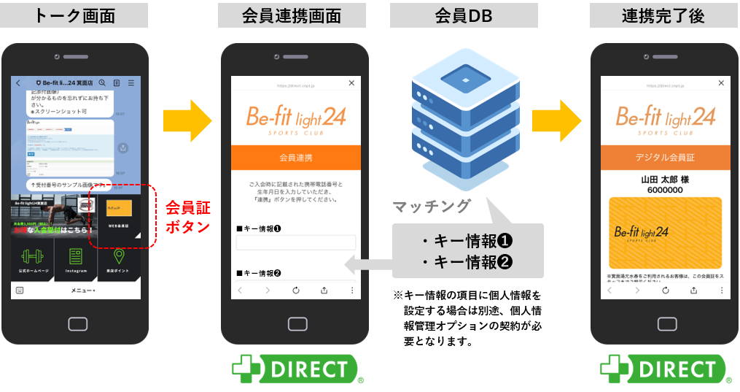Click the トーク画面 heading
(x=75, y=15)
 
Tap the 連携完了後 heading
(x=663, y=15)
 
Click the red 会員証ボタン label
(x=188, y=216)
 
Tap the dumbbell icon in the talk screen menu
(x=32, y=257)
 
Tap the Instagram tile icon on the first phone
(x=75, y=257)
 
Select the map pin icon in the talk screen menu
(x=118, y=257)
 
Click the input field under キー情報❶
(x=296, y=242)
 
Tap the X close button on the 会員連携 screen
(x=352, y=84)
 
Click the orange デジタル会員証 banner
(x=665, y=158)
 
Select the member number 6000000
(x=665, y=190)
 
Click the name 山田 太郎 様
(x=665, y=178)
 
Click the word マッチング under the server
(x=432, y=207)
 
